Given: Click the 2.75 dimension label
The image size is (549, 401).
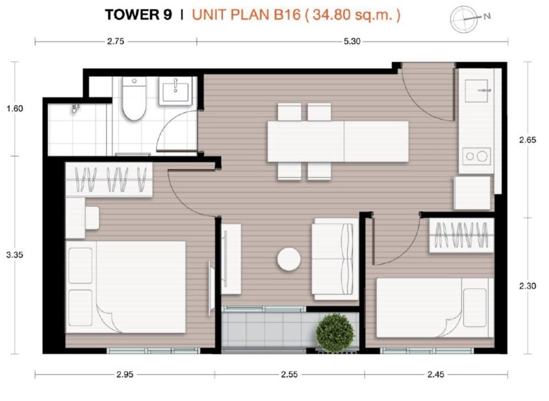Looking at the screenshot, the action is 115,42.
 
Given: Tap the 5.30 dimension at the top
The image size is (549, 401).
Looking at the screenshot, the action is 352,42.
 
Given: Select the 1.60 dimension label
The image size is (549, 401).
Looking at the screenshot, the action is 15,108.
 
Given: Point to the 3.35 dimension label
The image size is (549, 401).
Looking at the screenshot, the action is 15,255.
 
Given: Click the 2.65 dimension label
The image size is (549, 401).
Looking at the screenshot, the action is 527,140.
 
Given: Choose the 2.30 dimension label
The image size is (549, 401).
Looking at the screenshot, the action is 527,286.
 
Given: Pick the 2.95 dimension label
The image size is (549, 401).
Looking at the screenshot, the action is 125,375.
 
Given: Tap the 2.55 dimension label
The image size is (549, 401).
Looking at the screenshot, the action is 289,375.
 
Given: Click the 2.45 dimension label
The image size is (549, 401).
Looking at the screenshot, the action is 436,375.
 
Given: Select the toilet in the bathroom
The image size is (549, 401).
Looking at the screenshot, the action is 134,98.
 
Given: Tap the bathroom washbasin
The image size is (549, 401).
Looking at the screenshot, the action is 175,91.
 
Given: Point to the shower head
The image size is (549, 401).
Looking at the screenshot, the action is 75,108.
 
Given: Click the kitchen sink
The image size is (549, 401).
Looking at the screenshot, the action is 476,91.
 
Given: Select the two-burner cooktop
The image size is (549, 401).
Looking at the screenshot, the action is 477,156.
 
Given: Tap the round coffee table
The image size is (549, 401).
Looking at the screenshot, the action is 289,259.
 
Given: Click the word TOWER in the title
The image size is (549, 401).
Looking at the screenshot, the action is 133,15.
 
